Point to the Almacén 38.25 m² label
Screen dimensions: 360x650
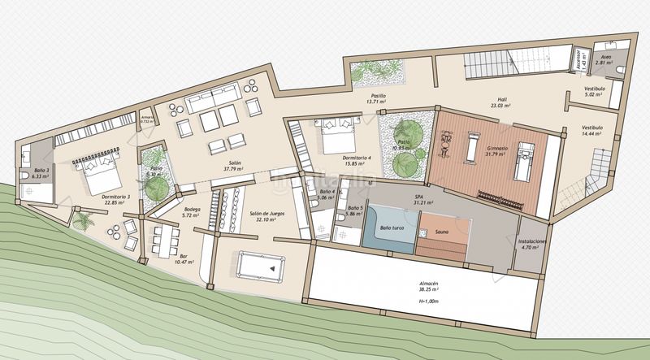click(x=428, y=289)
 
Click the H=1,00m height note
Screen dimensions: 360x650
click(x=428, y=301)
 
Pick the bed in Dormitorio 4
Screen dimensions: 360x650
click(x=327, y=135)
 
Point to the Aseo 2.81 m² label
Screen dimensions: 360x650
click(x=605, y=59)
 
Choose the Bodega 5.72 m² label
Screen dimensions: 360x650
click(x=192, y=212)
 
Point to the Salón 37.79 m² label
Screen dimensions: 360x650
click(x=235, y=167)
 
